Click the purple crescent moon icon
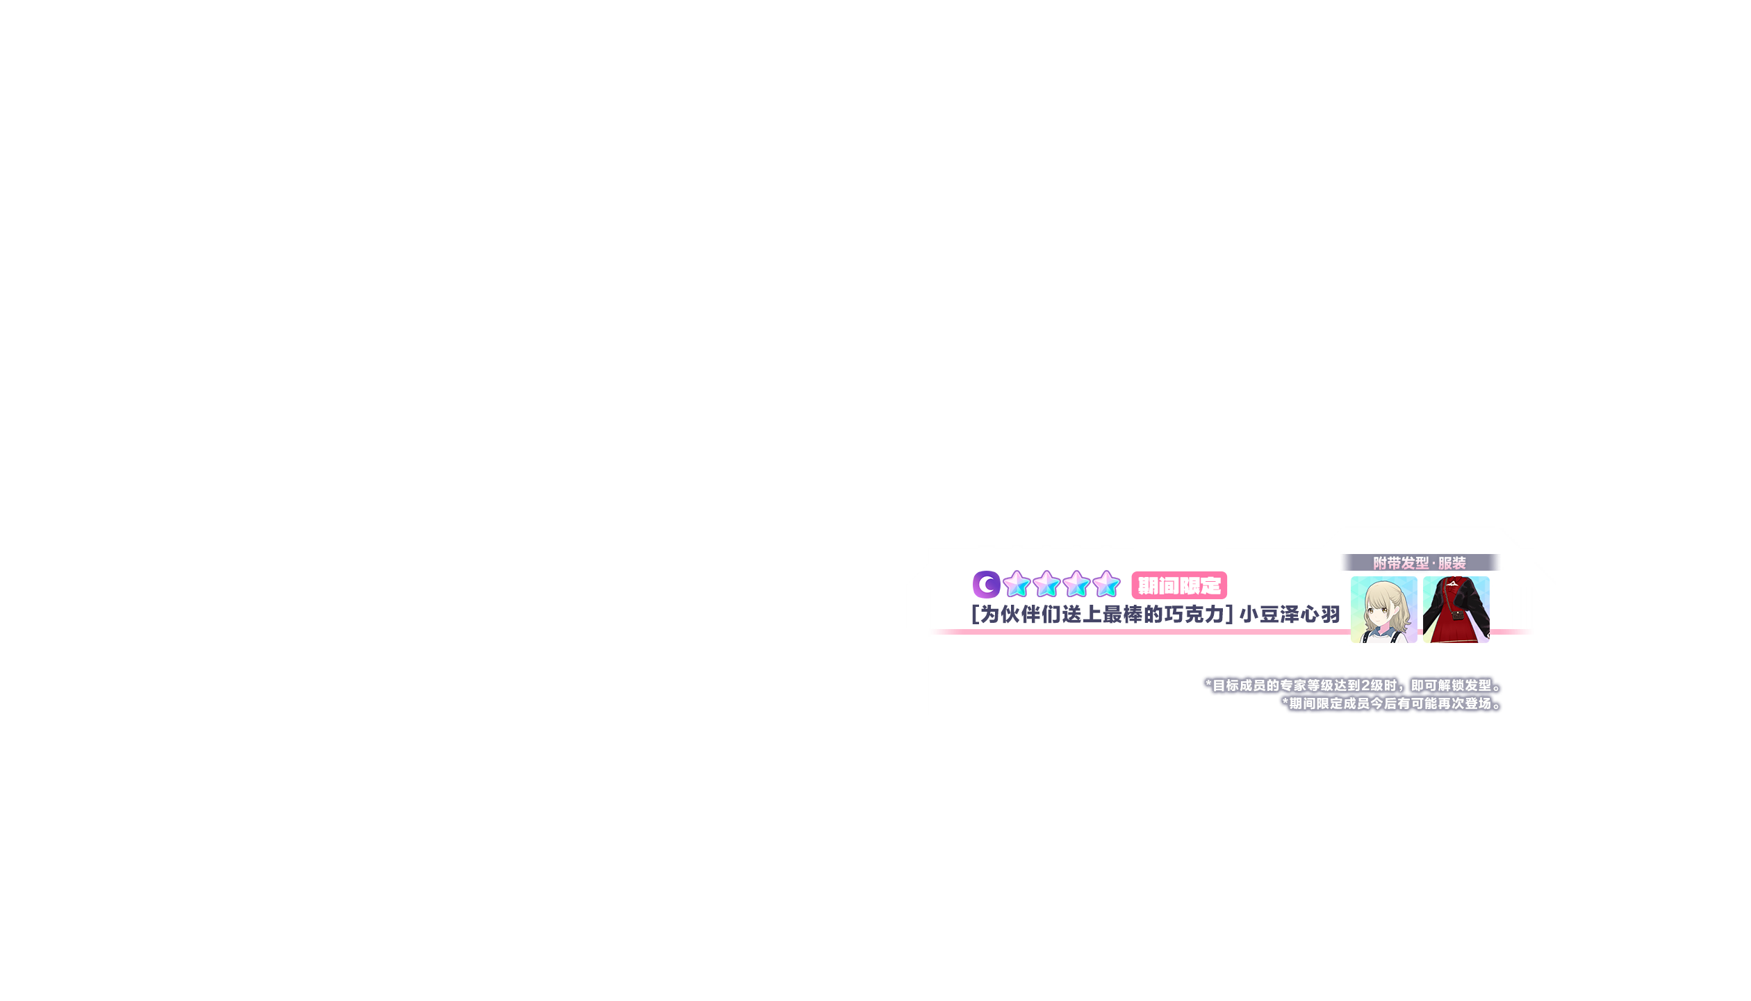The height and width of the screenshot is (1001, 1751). pyautogui.click(x=986, y=584)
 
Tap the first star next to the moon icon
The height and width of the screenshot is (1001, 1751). pyautogui.click(x=1017, y=584)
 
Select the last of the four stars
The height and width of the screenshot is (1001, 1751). pyautogui.click(x=1106, y=584)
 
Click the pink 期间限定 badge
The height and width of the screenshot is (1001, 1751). pyautogui.click(x=1179, y=586)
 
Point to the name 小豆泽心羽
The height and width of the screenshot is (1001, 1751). pyautogui.click(x=1290, y=615)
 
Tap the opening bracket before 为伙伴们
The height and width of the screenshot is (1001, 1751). pyautogui.click(x=975, y=615)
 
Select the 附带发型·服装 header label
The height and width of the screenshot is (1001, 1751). pyautogui.click(x=1420, y=562)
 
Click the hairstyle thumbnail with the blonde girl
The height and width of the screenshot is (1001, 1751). pyautogui.click(x=1383, y=609)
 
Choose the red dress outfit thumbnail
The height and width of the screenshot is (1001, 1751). pyautogui.click(x=1456, y=609)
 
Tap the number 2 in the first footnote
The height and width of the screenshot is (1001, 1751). pyautogui.click(x=1366, y=685)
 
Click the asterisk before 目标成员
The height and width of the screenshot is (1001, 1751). pyautogui.click(x=1208, y=685)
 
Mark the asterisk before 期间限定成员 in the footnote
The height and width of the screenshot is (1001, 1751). pyautogui.click(x=1285, y=703)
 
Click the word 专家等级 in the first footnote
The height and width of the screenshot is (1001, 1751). pyautogui.click(x=1306, y=685)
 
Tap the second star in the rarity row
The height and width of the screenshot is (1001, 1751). pyautogui.click(x=1046, y=584)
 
